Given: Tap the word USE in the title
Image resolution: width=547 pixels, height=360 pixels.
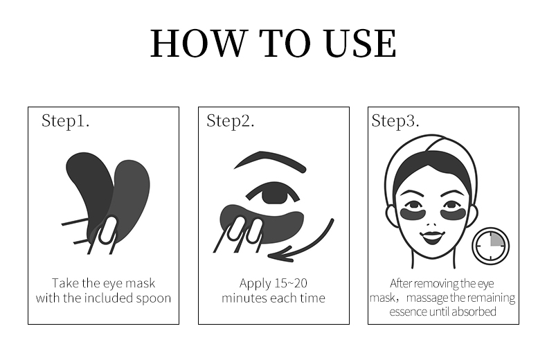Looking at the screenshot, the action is [x=359, y=43].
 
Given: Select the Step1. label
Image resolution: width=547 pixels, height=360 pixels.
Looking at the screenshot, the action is [x=65, y=121].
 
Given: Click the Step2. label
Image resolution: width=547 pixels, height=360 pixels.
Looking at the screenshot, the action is [x=231, y=121].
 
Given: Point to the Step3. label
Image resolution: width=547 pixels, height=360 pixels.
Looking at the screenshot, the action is [x=395, y=121].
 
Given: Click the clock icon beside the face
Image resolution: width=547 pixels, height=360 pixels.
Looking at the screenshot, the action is [x=490, y=246].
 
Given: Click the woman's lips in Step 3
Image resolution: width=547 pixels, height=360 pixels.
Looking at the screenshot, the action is [x=432, y=237].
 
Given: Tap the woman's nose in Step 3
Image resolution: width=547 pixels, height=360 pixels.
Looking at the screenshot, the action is [x=432, y=224].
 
